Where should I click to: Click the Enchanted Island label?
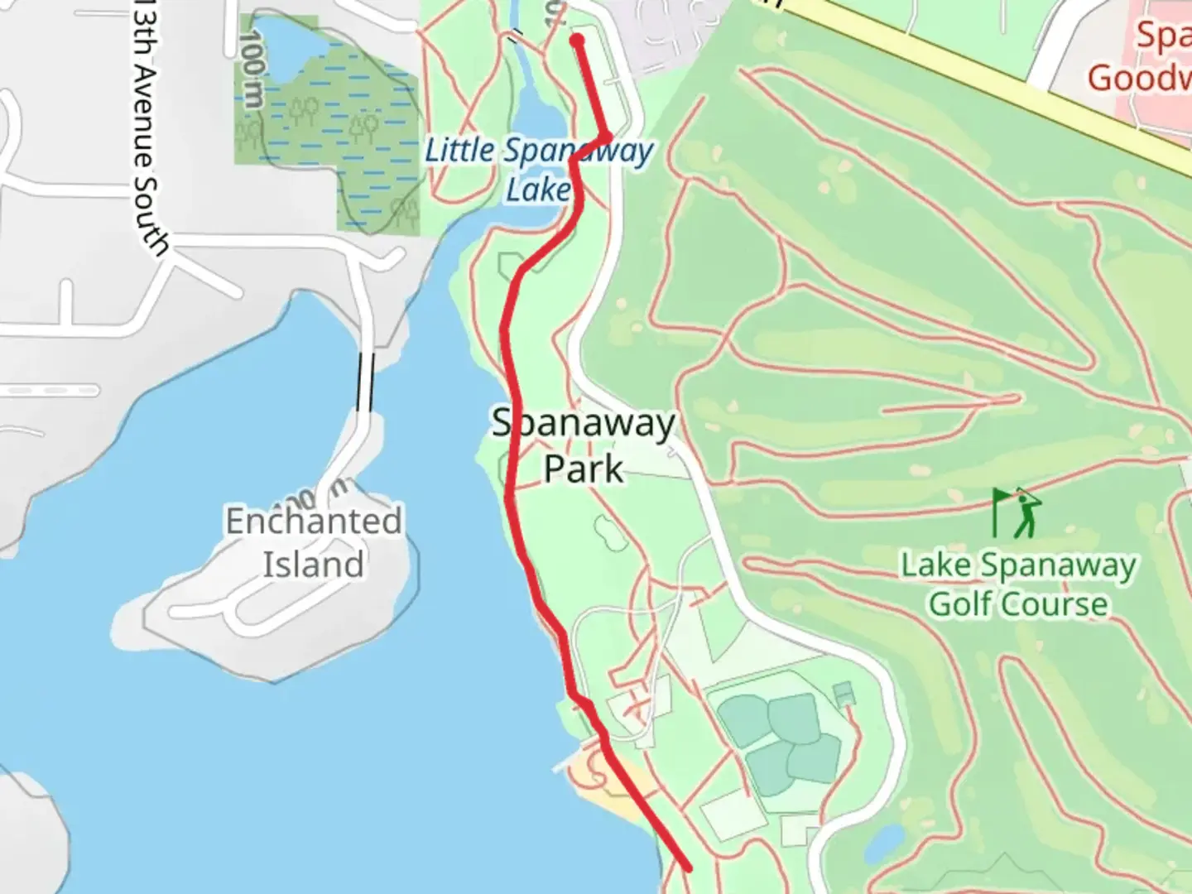[314, 542]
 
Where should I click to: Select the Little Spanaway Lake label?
[538, 170]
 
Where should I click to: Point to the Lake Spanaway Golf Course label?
[1018, 584]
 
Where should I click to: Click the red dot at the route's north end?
[577, 40]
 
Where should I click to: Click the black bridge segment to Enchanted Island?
[365, 382]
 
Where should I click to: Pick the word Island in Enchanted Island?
[314, 565]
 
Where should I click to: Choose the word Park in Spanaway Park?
[584, 469]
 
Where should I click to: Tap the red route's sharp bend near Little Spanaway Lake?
[608, 137]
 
